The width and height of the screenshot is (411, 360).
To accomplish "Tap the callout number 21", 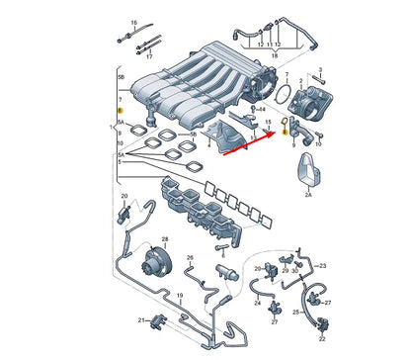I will (141, 319).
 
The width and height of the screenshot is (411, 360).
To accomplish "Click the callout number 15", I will (268, 121).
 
